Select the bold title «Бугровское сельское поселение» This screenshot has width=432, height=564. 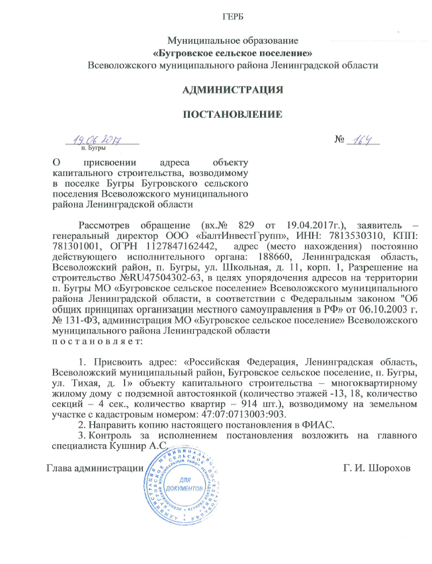233,53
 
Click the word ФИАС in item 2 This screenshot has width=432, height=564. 319,424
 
